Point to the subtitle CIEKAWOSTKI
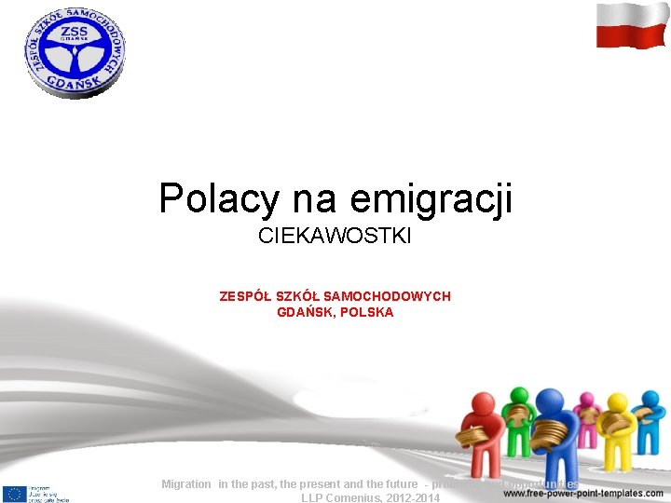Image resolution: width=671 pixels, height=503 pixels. [x=335, y=238]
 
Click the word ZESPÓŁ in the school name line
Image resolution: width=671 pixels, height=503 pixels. [x=245, y=296]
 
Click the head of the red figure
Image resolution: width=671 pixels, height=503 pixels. [x=484, y=402]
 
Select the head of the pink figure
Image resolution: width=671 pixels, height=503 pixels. [x=586, y=401]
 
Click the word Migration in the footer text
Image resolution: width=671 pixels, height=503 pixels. [x=186, y=484]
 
